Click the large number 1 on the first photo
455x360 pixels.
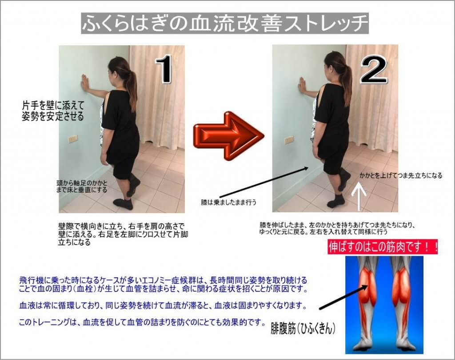tap(164, 69)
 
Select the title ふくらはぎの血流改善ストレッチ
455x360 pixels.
tap(225, 23)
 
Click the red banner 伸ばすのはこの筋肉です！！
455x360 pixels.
tap(383, 247)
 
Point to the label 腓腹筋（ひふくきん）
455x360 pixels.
tap(303, 329)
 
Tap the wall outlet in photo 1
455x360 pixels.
tap(72, 139)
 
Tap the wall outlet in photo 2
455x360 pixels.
tap(289, 140)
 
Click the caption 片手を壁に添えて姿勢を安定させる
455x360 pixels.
tap(53, 111)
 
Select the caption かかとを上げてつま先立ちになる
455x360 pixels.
tap(401, 175)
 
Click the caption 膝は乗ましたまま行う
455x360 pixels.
tap(229, 202)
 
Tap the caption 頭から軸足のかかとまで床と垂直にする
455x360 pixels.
tap(82, 187)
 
